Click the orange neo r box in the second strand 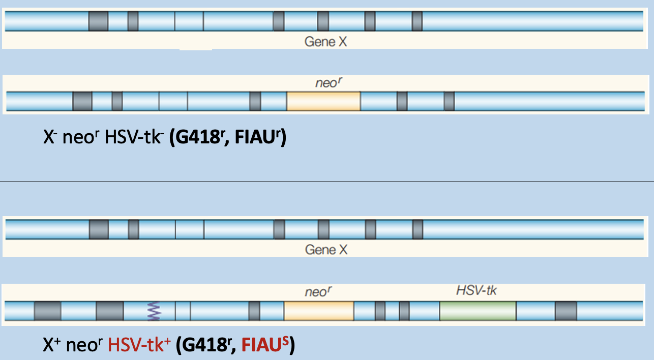(x=323, y=101)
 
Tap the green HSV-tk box (x=478, y=311)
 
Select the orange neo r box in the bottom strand (x=319, y=311)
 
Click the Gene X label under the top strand (x=326, y=42)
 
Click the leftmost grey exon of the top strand (x=98, y=21)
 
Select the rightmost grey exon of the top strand (x=417, y=21)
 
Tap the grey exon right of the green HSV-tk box (x=566, y=311)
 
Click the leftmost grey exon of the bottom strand (x=48, y=311)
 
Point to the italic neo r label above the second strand (x=326, y=83)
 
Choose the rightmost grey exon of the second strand (x=449, y=101)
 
